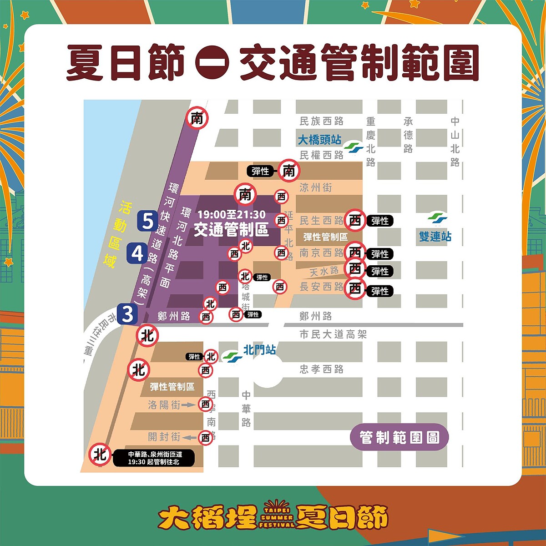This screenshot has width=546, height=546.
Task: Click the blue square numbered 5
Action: [147, 221]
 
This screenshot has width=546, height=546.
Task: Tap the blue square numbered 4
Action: [137, 253]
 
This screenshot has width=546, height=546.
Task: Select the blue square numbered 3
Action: [127, 314]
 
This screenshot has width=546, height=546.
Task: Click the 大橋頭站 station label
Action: [319, 140]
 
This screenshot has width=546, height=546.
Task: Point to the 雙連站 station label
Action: [435, 237]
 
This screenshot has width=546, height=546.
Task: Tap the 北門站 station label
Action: [259, 350]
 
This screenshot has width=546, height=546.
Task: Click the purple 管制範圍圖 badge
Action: [399, 438]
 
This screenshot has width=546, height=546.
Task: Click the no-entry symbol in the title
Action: [212, 62]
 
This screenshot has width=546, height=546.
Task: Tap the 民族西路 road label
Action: [321, 121]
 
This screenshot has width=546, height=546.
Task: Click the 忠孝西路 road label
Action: [321, 369]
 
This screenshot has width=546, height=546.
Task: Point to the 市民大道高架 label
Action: [333, 334]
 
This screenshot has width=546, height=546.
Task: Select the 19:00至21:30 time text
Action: [231, 215]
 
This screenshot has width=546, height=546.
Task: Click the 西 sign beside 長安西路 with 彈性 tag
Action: [355, 288]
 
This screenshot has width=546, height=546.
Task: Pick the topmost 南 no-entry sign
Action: [197, 119]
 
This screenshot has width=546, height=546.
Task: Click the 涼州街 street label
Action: [315, 187]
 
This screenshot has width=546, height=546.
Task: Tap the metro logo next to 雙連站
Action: [437, 218]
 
